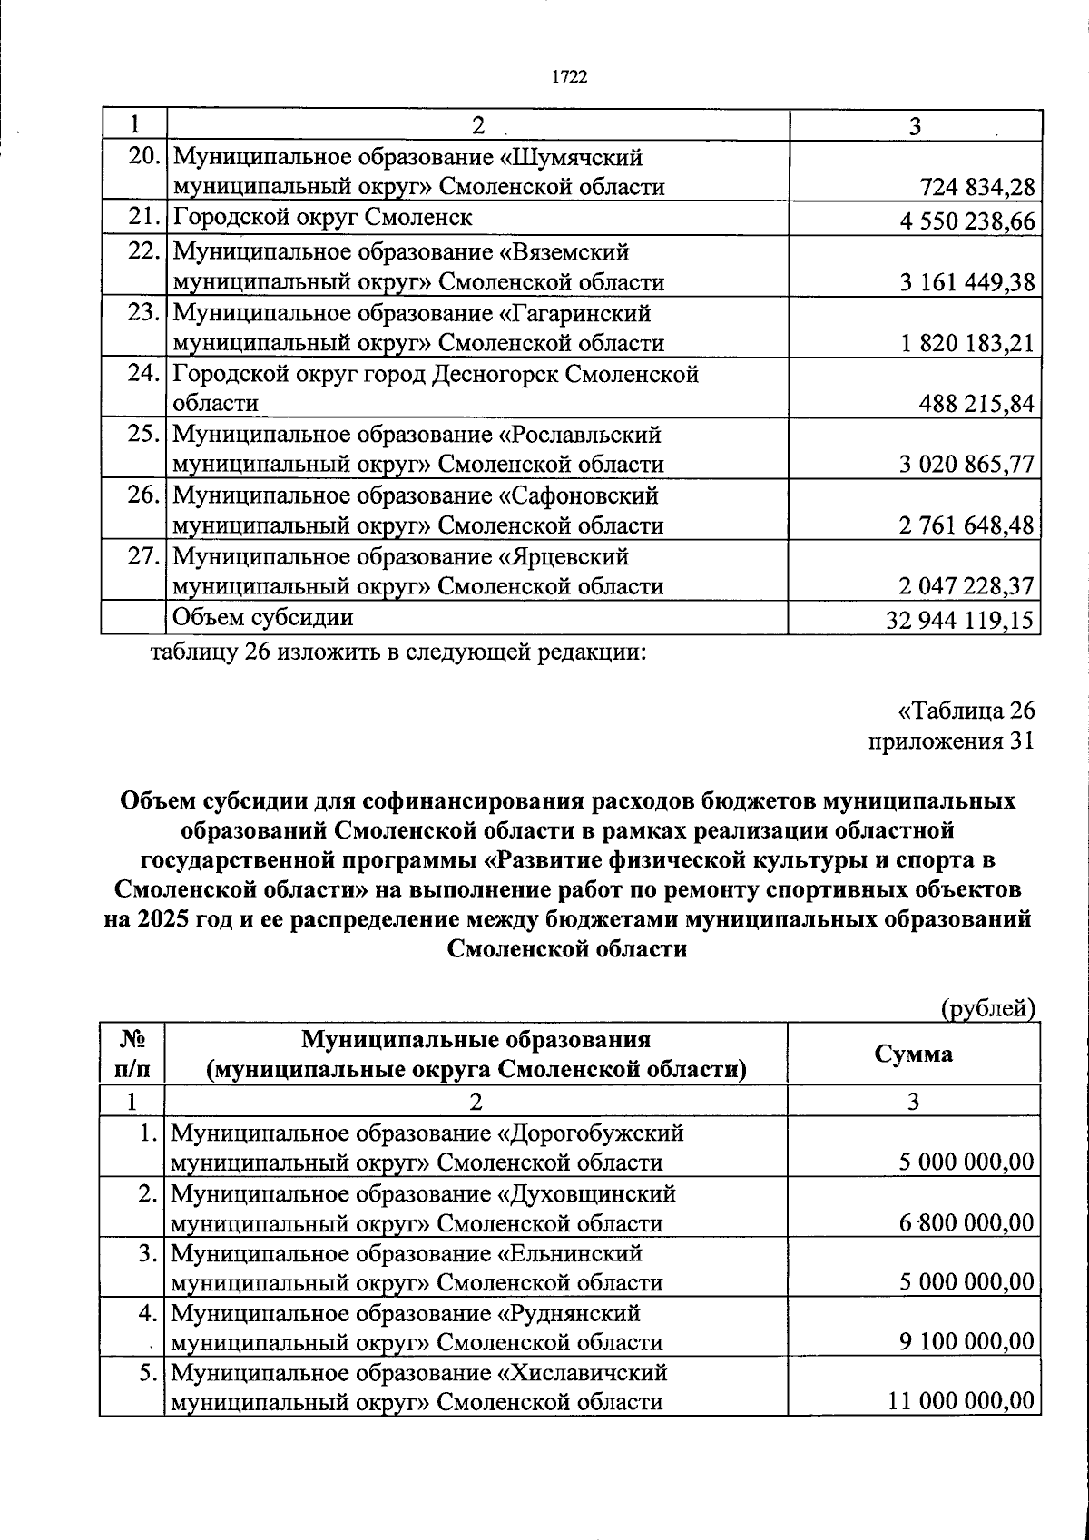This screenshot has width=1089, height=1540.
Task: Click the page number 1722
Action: (570, 78)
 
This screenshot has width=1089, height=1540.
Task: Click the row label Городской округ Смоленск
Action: (322, 218)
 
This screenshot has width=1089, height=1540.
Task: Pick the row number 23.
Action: (143, 314)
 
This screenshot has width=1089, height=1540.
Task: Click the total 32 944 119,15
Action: (960, 620)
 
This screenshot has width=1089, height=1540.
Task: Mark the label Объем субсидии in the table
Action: (262, 618)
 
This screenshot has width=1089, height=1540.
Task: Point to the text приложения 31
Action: (951, 741)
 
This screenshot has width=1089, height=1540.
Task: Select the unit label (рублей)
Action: (988, 1007)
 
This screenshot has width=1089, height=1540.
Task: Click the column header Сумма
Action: (913, 1054)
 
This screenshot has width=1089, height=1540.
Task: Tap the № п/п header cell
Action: (132, 1054)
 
